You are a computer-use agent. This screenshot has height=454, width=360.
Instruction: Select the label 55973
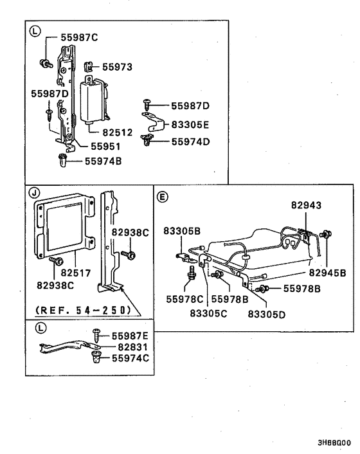point(118,66)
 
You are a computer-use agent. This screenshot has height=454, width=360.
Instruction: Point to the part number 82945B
point(327,273)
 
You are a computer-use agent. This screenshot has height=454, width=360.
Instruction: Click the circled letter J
point(33,192)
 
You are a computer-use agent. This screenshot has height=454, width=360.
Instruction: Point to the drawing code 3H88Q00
point(334,443)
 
